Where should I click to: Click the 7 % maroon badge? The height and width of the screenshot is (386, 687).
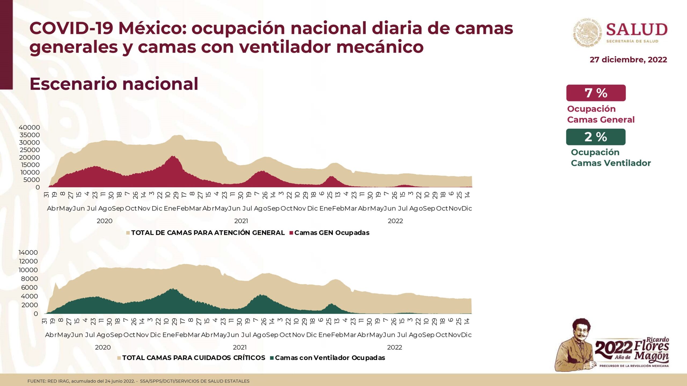point(596,93)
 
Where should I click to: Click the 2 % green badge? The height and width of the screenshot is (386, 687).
point(595,137)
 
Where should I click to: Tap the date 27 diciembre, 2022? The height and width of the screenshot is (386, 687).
point(628,60)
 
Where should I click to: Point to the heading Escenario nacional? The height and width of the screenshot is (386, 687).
point(114,84)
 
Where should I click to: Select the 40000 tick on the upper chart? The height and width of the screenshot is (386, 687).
point(29,128)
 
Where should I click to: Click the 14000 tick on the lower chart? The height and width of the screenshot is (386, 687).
point(28,253)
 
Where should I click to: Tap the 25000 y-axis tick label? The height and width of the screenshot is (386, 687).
point(30,150)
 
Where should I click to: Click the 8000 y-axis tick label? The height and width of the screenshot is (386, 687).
point(30,279)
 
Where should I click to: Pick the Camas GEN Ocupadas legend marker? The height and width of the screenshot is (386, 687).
point(291,233)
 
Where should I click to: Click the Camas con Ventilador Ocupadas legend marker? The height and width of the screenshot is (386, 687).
point(272,358)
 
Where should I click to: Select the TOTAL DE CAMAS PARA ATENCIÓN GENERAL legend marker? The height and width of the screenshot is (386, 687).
point(128,233)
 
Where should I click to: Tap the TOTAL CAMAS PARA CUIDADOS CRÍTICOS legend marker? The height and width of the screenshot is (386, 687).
point(119,358)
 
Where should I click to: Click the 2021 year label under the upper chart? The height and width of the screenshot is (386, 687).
point(241,221)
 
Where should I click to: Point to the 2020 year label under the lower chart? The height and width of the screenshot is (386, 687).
point(103,347)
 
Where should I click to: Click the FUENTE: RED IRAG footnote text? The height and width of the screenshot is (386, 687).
point(138,381)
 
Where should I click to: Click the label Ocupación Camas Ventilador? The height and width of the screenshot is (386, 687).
point(611,158)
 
